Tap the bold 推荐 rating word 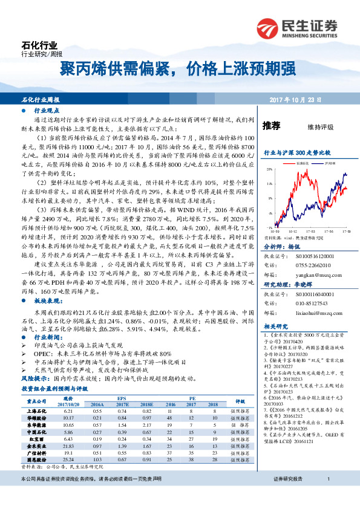[x=272, y=126]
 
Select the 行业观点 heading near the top [x=47, y=111]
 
